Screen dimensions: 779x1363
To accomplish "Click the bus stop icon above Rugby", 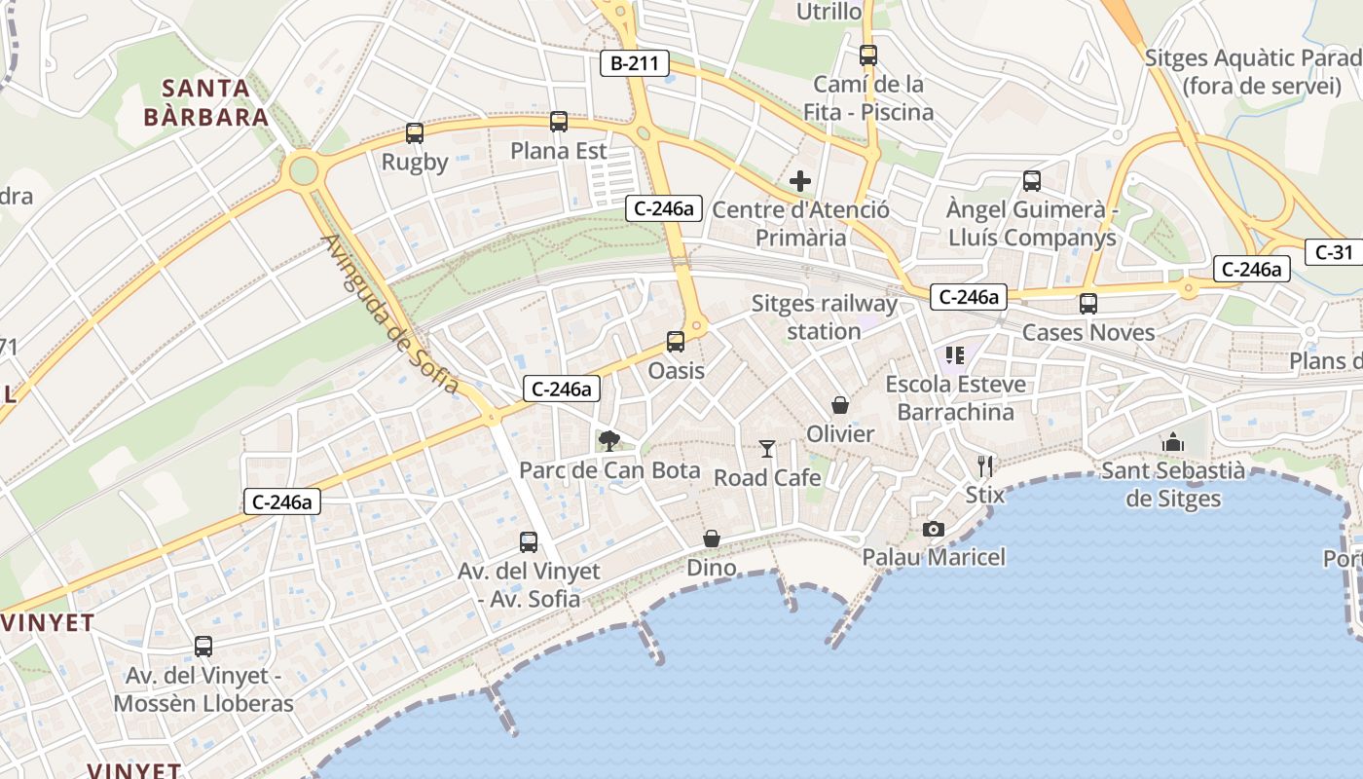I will point(415,133).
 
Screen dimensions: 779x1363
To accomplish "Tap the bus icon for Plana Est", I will point(559,122).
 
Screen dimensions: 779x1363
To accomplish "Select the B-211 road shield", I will point(635,64).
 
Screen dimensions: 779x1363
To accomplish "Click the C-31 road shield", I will point(1334,252).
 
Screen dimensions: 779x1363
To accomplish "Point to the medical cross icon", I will point(800,181).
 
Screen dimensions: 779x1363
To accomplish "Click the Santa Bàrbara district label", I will point(206,103).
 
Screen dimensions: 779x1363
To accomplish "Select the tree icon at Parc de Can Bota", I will point(609,441).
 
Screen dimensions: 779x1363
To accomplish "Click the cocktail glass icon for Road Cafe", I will point(767,449).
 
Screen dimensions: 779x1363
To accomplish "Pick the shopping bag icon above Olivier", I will point(840,405).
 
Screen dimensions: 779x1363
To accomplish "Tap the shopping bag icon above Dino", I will point(712,538).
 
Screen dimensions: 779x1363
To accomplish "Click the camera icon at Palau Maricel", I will point(933,529).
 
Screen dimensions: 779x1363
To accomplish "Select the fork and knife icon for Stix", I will point(985,465).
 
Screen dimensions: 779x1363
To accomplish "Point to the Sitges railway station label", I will point(824,317).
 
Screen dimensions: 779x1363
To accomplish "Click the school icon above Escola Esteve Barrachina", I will point(955,355).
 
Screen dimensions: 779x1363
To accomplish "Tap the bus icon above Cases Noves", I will point(1088,304).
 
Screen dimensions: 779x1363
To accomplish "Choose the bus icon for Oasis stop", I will point(676,342).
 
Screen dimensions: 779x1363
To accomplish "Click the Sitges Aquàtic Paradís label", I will point(1252,71).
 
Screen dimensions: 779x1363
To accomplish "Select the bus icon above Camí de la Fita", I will point(868,56).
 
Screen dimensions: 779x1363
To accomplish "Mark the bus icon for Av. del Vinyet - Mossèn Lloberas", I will point(203,646).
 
